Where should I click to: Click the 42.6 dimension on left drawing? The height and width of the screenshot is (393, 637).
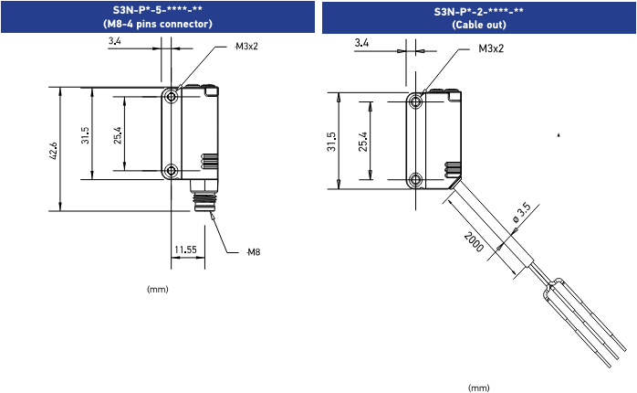54,149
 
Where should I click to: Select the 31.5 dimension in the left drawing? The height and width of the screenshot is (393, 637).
85,135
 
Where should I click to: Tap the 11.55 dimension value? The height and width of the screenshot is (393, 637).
185,249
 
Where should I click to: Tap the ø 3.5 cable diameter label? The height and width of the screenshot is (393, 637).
521,212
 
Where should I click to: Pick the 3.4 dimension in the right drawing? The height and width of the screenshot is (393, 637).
360,43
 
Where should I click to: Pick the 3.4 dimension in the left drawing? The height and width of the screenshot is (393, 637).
113,42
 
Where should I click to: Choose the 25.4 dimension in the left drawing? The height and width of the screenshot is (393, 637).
118,135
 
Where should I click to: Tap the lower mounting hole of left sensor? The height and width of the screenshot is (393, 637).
172,171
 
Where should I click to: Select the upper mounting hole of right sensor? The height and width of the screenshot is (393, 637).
416,101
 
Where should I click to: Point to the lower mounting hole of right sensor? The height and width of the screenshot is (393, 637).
416,179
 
